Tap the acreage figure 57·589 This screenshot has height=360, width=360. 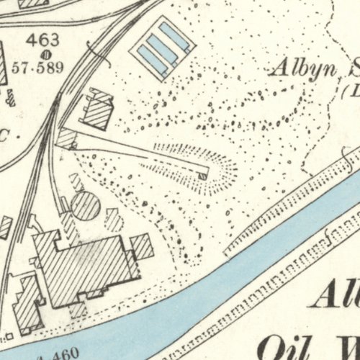45,69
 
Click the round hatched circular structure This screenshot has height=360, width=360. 85,206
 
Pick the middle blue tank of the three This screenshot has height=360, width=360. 161,49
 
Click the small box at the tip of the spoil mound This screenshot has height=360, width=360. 204,175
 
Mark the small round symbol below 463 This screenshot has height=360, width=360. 45,54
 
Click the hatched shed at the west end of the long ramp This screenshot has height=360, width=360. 66,138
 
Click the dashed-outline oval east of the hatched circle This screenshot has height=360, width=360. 114,218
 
